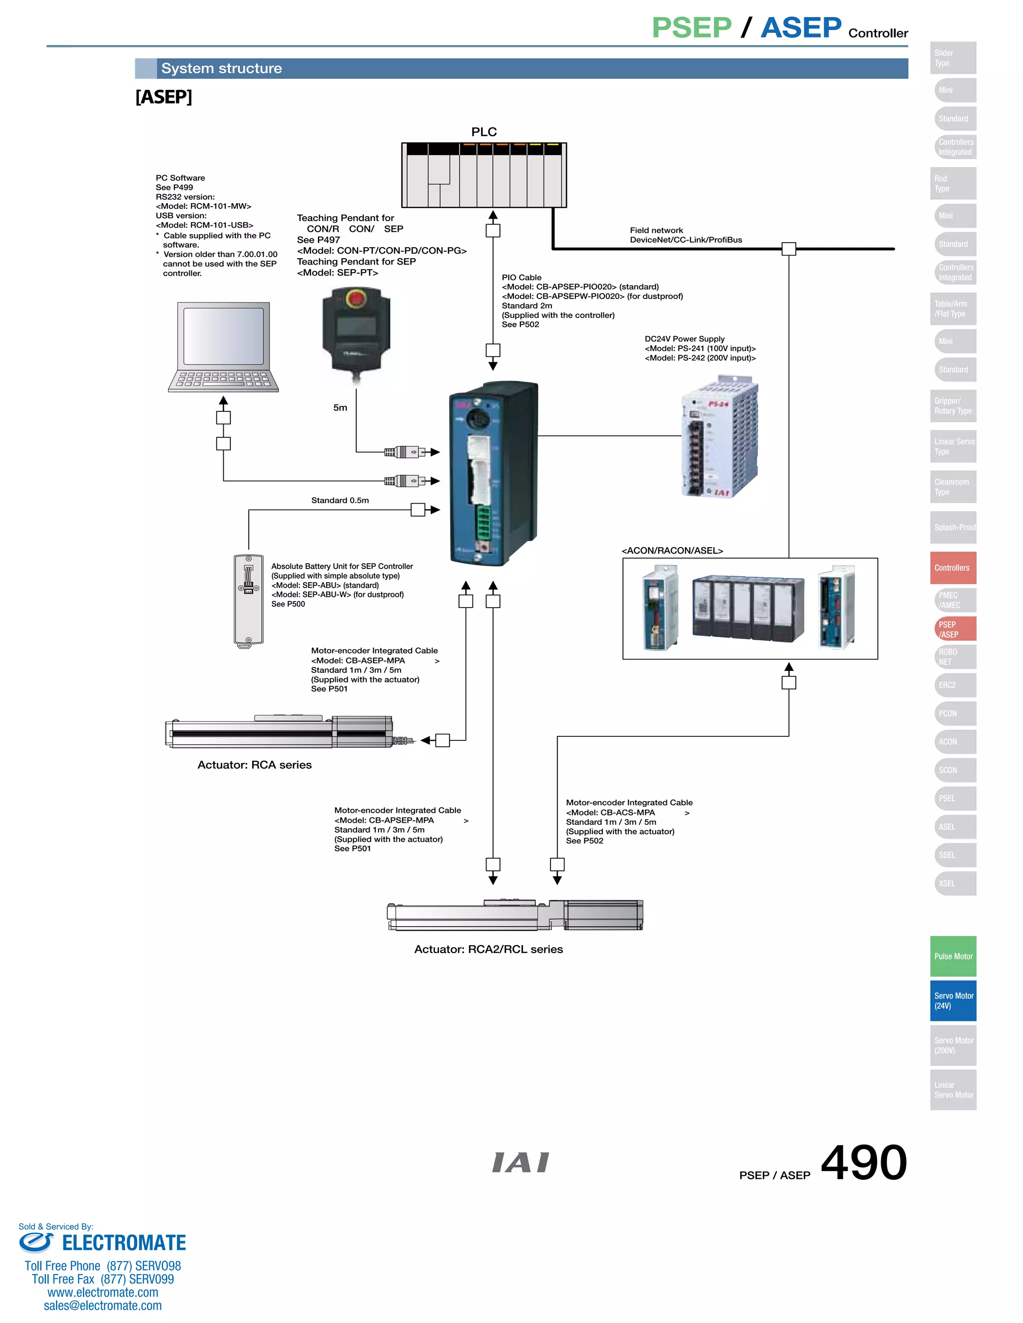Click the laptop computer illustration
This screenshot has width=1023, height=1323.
coord(223,347)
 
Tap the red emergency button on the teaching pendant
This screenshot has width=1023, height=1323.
coord(355,298)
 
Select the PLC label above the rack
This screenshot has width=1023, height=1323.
coord(484,132)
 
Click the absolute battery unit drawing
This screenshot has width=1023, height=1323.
coord(248,600)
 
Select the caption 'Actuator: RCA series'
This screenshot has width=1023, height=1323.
coord(255,765)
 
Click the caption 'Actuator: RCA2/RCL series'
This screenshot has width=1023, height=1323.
coord(489,949)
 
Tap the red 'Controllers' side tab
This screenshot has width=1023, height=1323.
coord(953,568)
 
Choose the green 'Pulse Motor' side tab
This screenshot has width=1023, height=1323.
coord(953,956)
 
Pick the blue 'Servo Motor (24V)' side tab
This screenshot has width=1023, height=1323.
coord(953,1000)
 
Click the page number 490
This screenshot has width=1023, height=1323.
coord(863,1162)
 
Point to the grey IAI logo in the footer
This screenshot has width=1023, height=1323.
coord(520,1162)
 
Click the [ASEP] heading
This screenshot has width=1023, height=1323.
coord(164,97)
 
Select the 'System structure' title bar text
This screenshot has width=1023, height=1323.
coord(221,68)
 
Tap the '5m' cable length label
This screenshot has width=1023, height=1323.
coord(340,408)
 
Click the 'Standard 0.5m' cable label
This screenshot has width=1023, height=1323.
coord(340,500)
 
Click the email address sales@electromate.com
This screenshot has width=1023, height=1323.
coord(102,1306)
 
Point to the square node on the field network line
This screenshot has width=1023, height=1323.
coord(788,248)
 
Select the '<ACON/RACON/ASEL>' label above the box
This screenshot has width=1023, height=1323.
coord(672,551)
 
